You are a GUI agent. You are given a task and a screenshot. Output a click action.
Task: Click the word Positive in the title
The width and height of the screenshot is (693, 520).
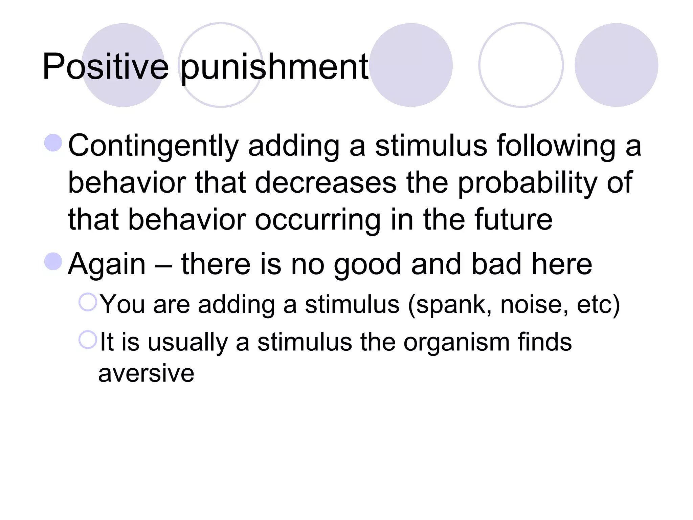[x=105, y=67]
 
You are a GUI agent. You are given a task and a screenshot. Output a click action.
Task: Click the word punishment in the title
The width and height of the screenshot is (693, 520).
[x=274, y=68]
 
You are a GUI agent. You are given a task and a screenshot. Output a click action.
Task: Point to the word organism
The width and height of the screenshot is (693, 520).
[x=456, y=343]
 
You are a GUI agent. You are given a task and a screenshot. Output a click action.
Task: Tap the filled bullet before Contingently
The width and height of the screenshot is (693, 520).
[x=53, y=143]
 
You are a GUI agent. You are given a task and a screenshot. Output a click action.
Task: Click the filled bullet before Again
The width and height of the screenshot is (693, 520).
[x=53, y=261]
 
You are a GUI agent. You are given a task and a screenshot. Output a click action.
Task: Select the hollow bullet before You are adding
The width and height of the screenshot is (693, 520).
[x=88, y=302]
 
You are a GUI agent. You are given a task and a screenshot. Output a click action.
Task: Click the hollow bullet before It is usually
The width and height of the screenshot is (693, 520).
[x=88, y=340]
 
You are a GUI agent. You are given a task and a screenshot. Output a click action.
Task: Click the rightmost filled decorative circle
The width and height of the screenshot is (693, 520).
[x=616, y=65]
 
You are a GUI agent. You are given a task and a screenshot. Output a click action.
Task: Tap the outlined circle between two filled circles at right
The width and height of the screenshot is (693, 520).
[x=521, y=65]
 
